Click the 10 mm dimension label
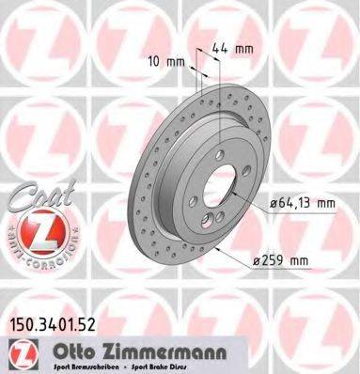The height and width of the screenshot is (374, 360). (x=165, y=62)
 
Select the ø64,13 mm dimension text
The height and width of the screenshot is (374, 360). (x=304, y=200)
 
